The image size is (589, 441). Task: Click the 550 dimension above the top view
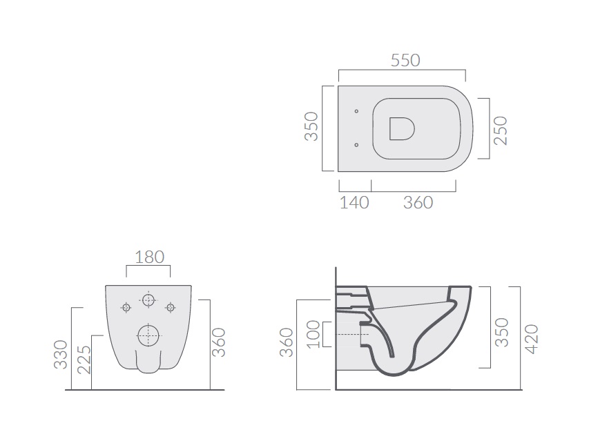coord(405,61)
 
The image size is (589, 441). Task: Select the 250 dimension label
coord(501,130)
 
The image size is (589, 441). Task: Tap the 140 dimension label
coord(354,203)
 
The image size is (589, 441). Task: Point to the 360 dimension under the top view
coord(418,203)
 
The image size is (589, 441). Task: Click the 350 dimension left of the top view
coord(311,126)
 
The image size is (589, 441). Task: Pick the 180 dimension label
coord(150,257)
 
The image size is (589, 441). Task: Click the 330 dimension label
coord(61,355)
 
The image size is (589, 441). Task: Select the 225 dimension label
coord(84,360)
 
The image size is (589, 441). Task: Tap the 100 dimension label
coord(313,335)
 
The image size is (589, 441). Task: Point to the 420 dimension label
coord(531,339)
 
